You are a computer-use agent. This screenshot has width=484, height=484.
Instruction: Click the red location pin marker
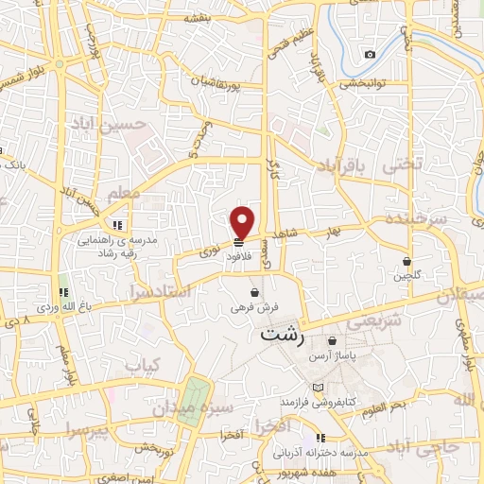click(243, 221)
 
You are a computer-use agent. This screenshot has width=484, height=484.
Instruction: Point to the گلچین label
click(408, 276)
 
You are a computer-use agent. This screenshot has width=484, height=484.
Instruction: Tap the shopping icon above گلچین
click(407, 261)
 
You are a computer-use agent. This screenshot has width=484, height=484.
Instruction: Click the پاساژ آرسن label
click(358, 355)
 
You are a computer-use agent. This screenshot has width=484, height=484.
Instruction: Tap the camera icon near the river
click(370, 54)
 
